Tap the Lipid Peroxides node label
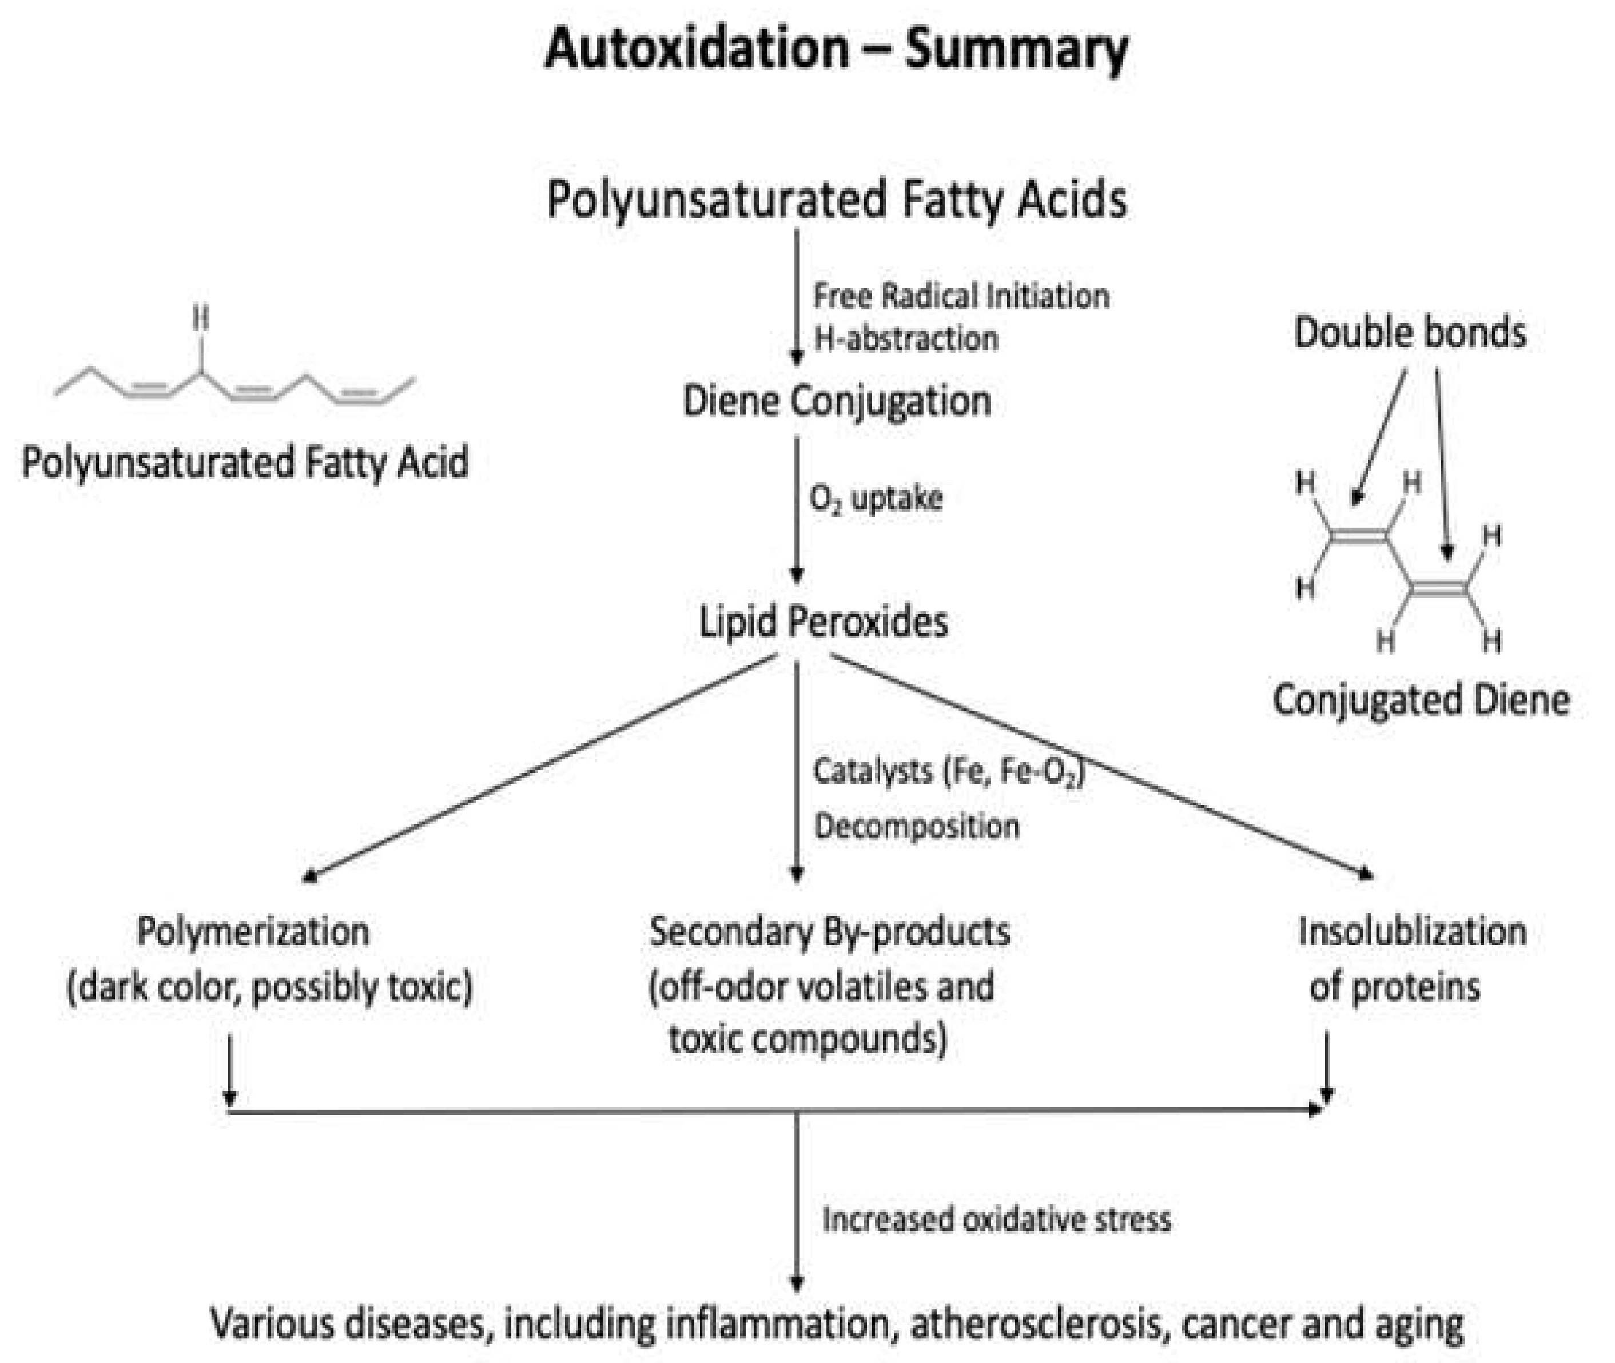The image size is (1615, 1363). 823,622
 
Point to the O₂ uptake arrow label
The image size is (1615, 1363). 876,499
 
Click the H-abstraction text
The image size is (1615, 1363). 906,338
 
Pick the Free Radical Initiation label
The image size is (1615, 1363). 961,296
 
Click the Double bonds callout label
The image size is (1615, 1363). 1410,333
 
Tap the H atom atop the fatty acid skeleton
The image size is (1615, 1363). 201,317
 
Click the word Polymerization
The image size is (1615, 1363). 253,932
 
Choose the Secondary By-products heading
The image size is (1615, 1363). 829,932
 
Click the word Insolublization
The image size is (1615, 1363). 1412,932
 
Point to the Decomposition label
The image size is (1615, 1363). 917,827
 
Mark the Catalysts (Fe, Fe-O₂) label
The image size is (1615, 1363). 949,772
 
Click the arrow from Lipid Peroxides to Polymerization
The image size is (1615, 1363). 541,767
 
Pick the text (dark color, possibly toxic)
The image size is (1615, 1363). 269,987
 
